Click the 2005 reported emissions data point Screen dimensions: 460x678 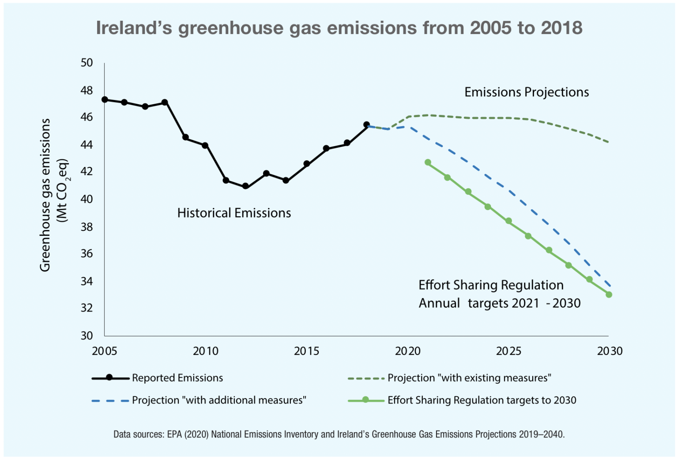[x=105, y=100]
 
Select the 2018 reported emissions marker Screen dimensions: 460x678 [x=366, y=125]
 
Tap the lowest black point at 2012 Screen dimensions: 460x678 [x=245, y=186]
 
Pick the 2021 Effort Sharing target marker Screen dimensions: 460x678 [x=428, y=162]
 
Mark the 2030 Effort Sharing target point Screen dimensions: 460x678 [x=609, y=294]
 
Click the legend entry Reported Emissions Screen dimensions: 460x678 [x=177, y=378]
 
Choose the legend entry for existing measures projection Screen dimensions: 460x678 [x=469, y=378]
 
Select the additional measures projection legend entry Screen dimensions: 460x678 [x=218, y=400]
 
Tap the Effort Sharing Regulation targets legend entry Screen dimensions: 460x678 [x=482, y=400]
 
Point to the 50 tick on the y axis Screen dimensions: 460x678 [x=87, y=63]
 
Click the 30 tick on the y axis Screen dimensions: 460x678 [x=87, y=336]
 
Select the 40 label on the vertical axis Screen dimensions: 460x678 [x=87, y=199]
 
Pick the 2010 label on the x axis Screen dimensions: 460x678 [x=206, y=351]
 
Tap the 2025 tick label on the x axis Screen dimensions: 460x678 [x=508, y=351]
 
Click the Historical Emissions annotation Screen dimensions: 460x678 [x=234, y=213]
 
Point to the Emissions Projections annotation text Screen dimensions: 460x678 [x=527, y=92]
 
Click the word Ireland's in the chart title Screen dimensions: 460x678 [x=134, y=28]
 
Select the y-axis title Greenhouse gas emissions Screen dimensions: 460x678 [x=45, y=195]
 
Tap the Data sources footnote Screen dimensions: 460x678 [x=339, y=434]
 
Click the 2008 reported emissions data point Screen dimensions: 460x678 [x=165, y=102]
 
